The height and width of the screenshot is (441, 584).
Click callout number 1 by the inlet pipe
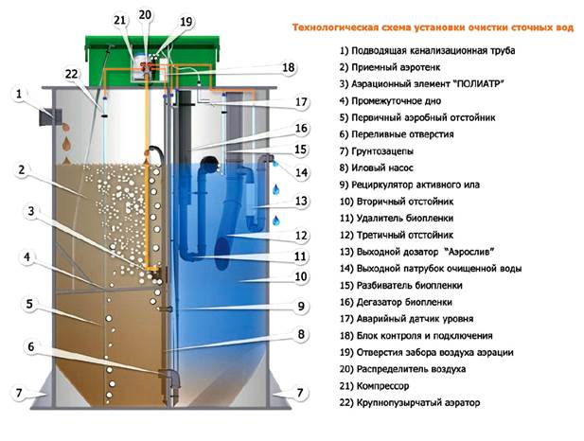(19, 94)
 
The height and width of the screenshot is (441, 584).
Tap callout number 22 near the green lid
(71, 74)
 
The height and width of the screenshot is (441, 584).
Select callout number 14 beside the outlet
(301, 172)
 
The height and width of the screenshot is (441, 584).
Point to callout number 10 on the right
(301, 276)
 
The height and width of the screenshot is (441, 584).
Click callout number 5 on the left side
(29, 304)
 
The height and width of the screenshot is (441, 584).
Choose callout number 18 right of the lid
(289, 67)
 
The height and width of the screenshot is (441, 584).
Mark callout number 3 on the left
(31, 212)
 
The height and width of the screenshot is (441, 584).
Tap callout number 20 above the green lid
(145, 15)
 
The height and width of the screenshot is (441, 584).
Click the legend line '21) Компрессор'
(374, 386)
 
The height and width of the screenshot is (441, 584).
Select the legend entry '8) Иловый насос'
(376, 168)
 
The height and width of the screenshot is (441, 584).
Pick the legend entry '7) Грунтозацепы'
(376, 151)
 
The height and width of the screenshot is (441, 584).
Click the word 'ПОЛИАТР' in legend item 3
(479, 84)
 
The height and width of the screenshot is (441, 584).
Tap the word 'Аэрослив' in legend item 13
(469, 252)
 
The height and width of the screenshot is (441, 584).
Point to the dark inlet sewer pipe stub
(49, 117)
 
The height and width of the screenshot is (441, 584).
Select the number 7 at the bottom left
(19, 393)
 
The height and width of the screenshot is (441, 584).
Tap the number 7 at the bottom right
(300, 393)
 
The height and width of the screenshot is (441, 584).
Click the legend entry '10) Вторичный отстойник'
(397, 202)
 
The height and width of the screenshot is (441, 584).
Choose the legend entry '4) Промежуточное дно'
(390, 101)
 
